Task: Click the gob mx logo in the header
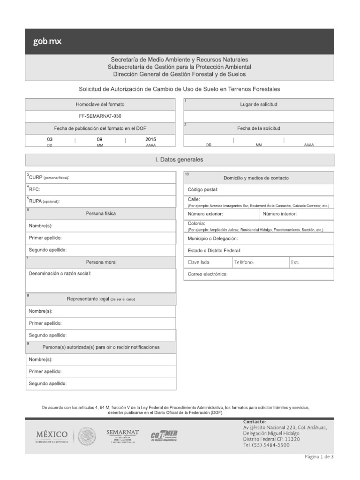(x=47, y=41)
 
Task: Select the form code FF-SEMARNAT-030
(x=101, y=116)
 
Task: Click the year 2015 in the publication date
(x=150, y=139)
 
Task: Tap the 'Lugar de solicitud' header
(x=259, y=104)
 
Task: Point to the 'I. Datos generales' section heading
(x=180, y=160)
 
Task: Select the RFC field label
(x=34, y=189)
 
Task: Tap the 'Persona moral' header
(x=101, y=262)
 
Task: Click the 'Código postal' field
(x=258, y=190)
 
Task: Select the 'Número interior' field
(x=296, y=214)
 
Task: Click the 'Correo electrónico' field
(x=258, y=274)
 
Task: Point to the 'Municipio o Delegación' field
(x=258, y=239)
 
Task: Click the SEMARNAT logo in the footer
(x=122, y=435)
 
